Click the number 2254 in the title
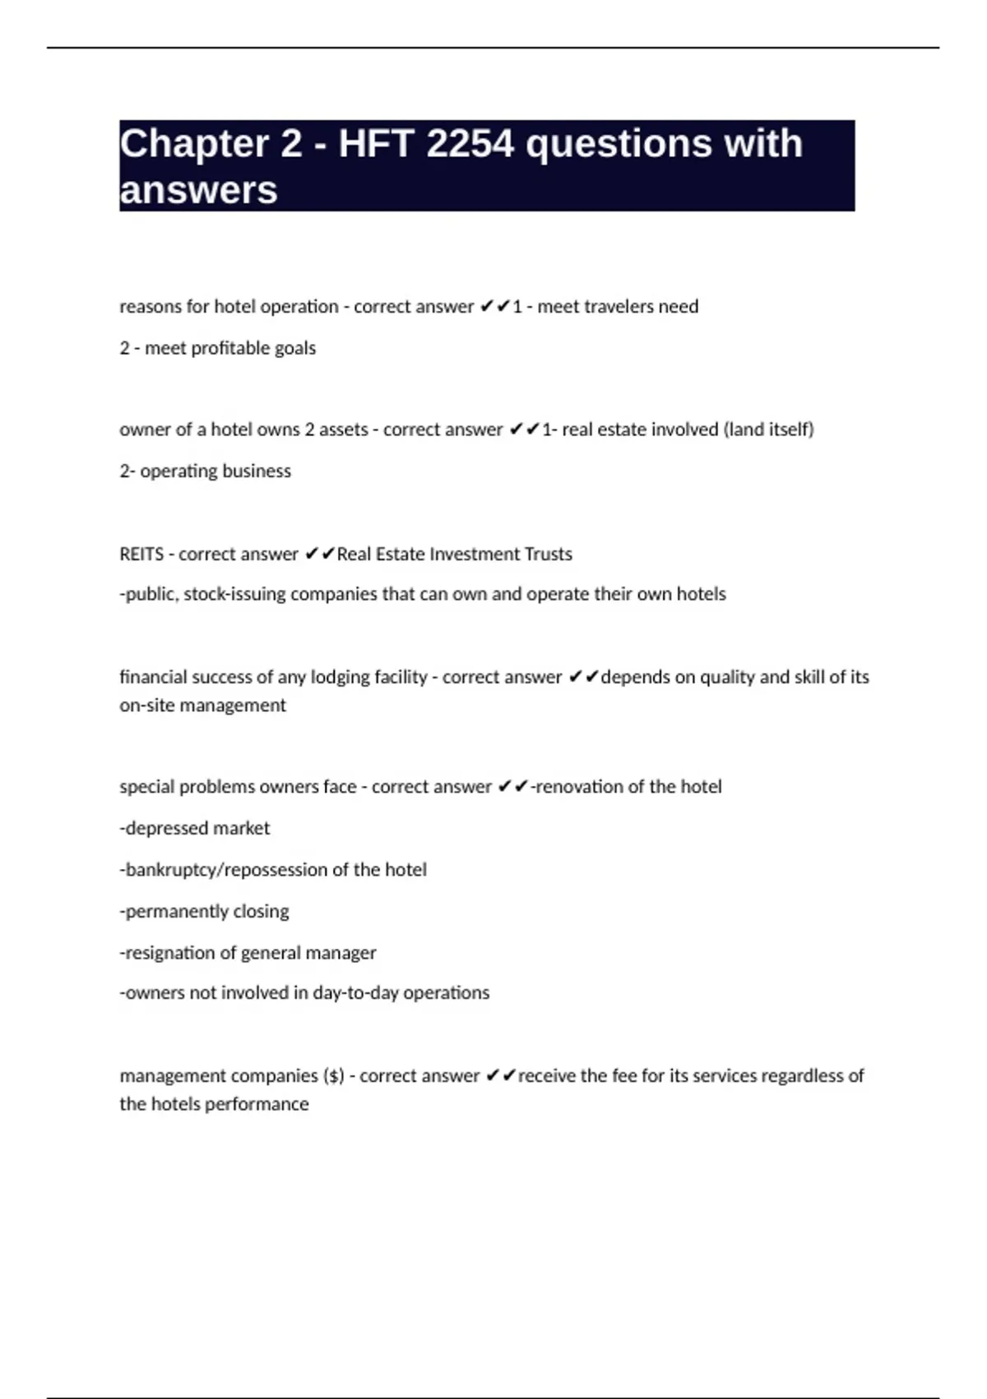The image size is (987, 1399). point(471,144)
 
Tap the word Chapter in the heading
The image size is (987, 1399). point(193,144)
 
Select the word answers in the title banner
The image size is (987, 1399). point(198,190)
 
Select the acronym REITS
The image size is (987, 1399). point(141,554)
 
